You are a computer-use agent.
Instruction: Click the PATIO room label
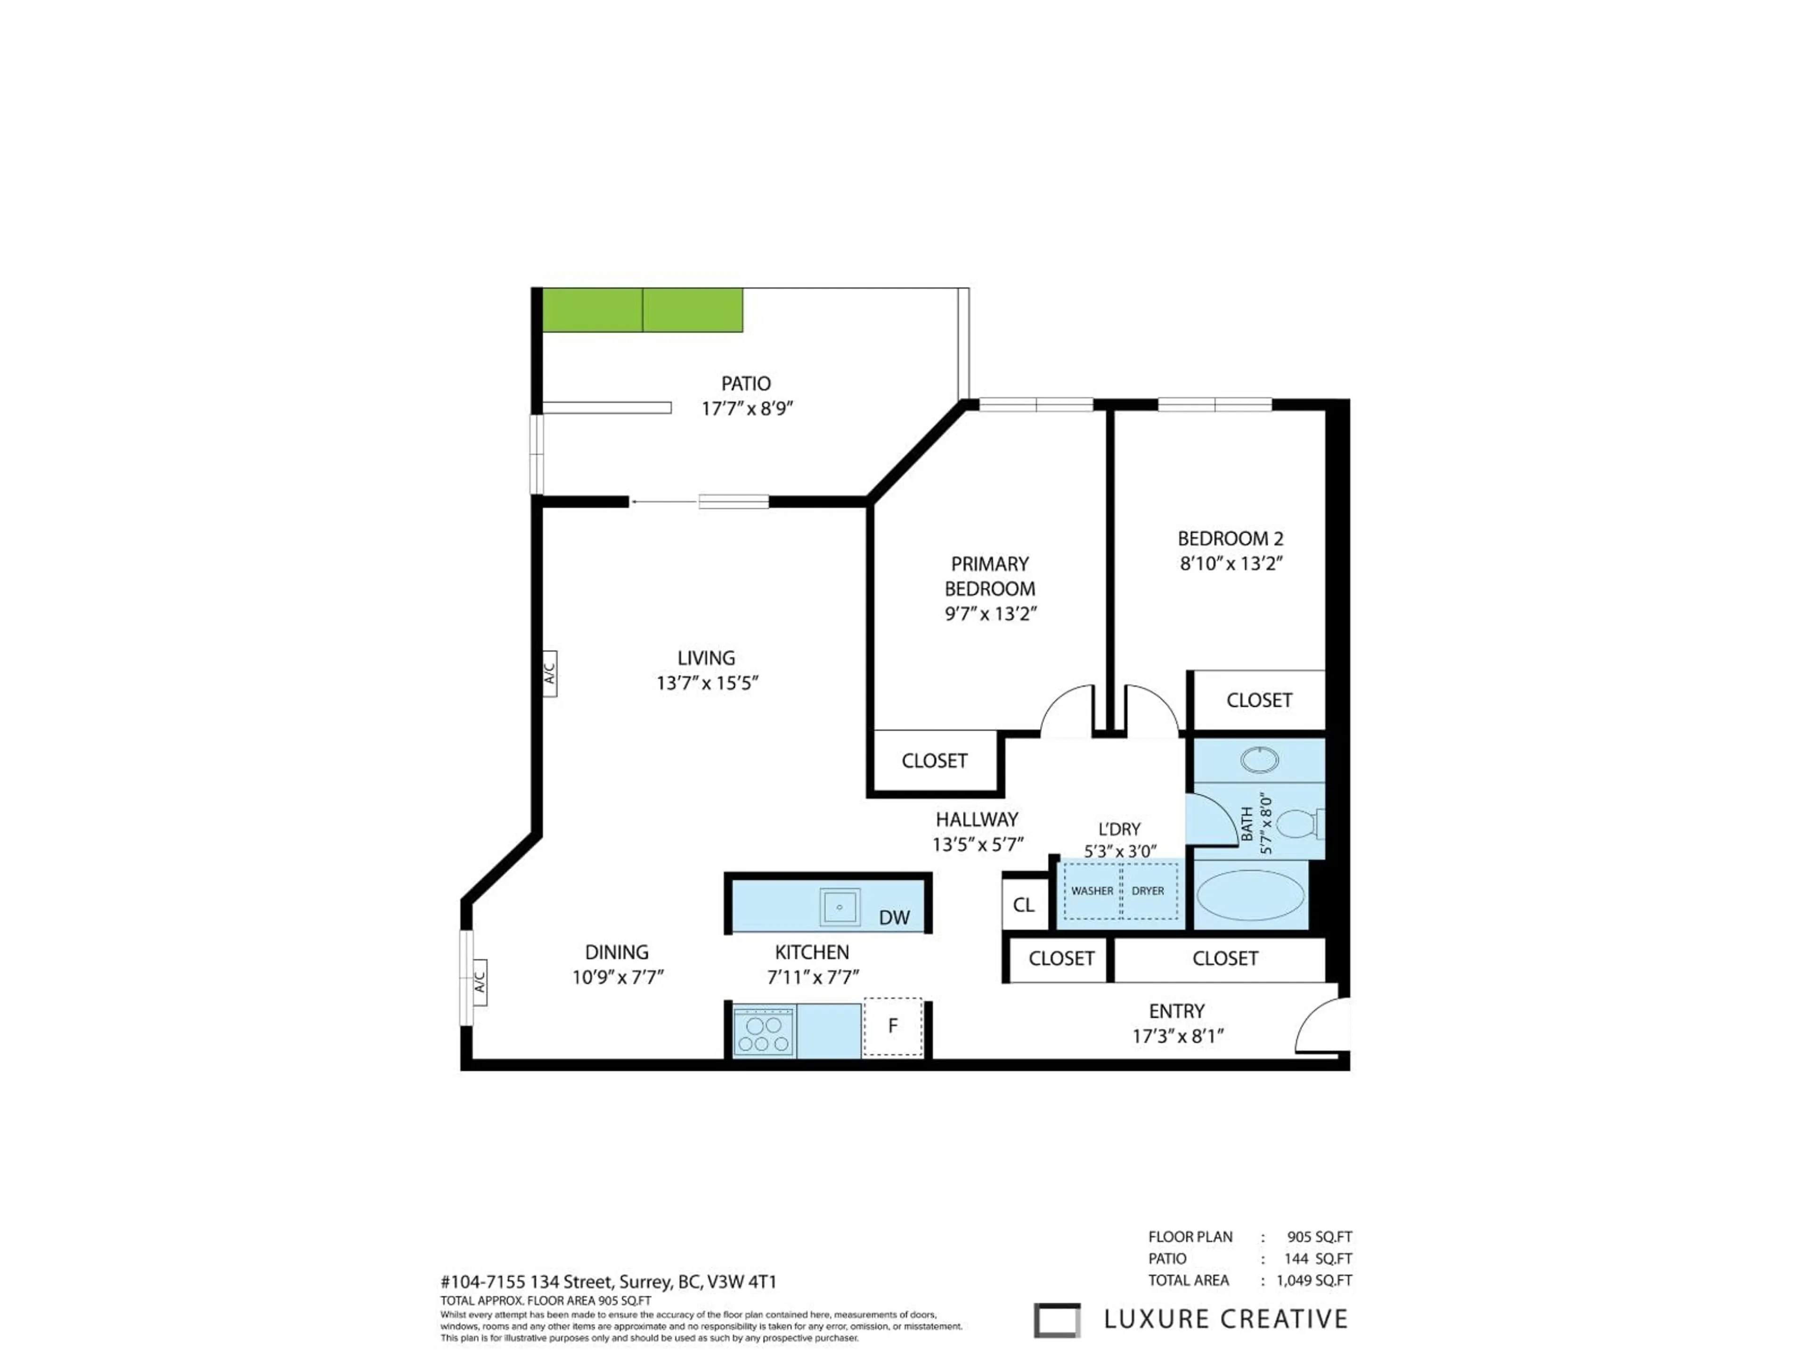[745, 383]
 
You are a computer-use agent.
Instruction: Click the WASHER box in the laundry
[1092, 891]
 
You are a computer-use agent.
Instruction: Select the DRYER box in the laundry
[1148, 891]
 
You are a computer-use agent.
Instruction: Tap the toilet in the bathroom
[1297, 823]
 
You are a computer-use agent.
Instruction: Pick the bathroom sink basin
[1259, 760]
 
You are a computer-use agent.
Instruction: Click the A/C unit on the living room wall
[550, 673]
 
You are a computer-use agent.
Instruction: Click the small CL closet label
[1023, 905]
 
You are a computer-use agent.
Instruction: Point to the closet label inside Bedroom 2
[1259, 700]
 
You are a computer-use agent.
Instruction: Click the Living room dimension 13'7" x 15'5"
[707, 683]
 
